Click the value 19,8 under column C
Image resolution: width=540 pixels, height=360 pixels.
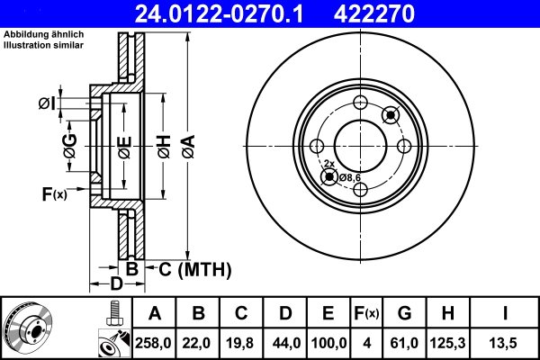click(x=241, y=343)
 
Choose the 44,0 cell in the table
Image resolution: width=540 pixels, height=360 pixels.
click(x=285, y=343)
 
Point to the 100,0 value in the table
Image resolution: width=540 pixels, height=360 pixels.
click(x=328, y=343)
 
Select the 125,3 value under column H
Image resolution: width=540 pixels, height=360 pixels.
click(x=447, y=343)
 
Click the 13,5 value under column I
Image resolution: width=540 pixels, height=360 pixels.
click(x=503, y=343)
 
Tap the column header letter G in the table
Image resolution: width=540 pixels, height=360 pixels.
click(x=404, y=313)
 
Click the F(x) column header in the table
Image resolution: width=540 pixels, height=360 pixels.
click(x=365, y=313)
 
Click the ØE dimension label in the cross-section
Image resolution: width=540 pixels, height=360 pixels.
click(x=124, y=143)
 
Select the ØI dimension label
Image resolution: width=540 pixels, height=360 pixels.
click(x=47, y=103)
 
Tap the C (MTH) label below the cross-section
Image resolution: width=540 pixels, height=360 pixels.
click(x=189, y=269)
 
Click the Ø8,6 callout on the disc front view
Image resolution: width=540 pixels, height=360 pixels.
click(x=350, y=177)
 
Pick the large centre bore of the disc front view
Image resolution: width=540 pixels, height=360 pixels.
click(x=360, y=144)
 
